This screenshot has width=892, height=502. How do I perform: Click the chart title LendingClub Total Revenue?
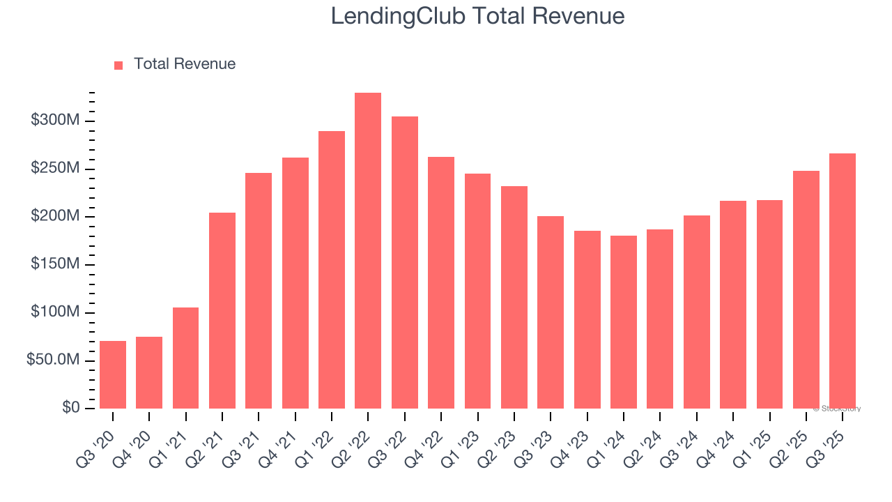pyautogui.click(x=477, y=16)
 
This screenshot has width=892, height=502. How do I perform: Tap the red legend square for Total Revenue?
pyautogui.click(x=118, y=65)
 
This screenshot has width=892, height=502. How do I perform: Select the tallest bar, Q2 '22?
pyautogui.click(x=368, y=251)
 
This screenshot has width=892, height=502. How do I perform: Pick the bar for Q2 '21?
pyautogui.click(x=222, y=310)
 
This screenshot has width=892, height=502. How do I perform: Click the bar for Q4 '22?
pyautogui.click(x=441, y=282)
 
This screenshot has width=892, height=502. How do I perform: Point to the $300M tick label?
pyautogui.click(x=55, y=121)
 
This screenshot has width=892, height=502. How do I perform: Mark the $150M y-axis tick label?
pyautogui.click(x=55, y=264)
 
